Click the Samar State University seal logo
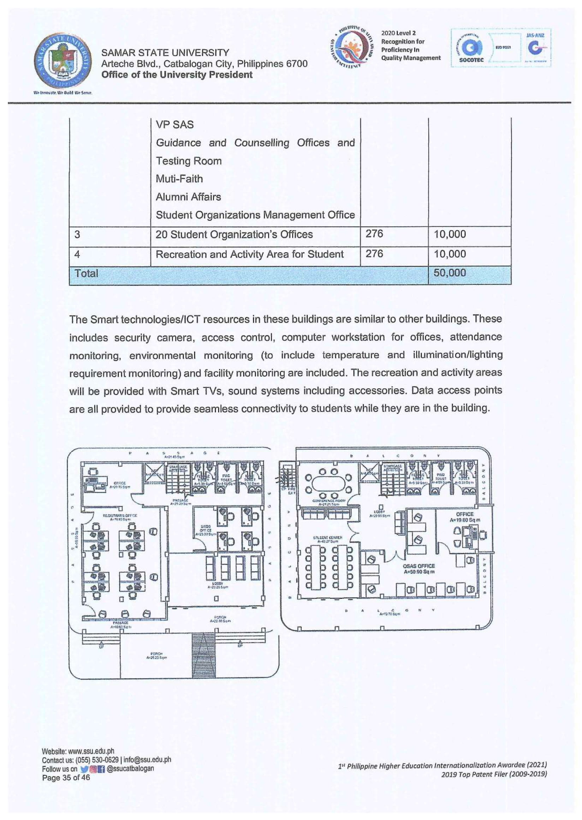(62, 62)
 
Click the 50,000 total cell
(450, 273)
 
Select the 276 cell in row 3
(374, 234)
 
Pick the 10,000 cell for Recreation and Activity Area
(450, 254)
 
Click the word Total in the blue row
(86, 274)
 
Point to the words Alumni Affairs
(188, 197)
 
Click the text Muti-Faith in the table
(179, 178)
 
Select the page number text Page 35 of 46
(66, 777)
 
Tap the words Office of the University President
(177, 74)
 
